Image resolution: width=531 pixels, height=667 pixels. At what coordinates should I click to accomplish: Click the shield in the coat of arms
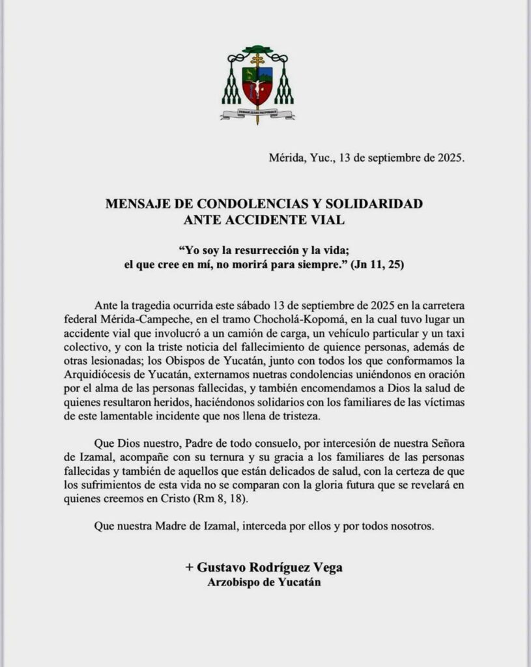[257, 83]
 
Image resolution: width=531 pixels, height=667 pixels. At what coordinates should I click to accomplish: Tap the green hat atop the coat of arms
[257, 50]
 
